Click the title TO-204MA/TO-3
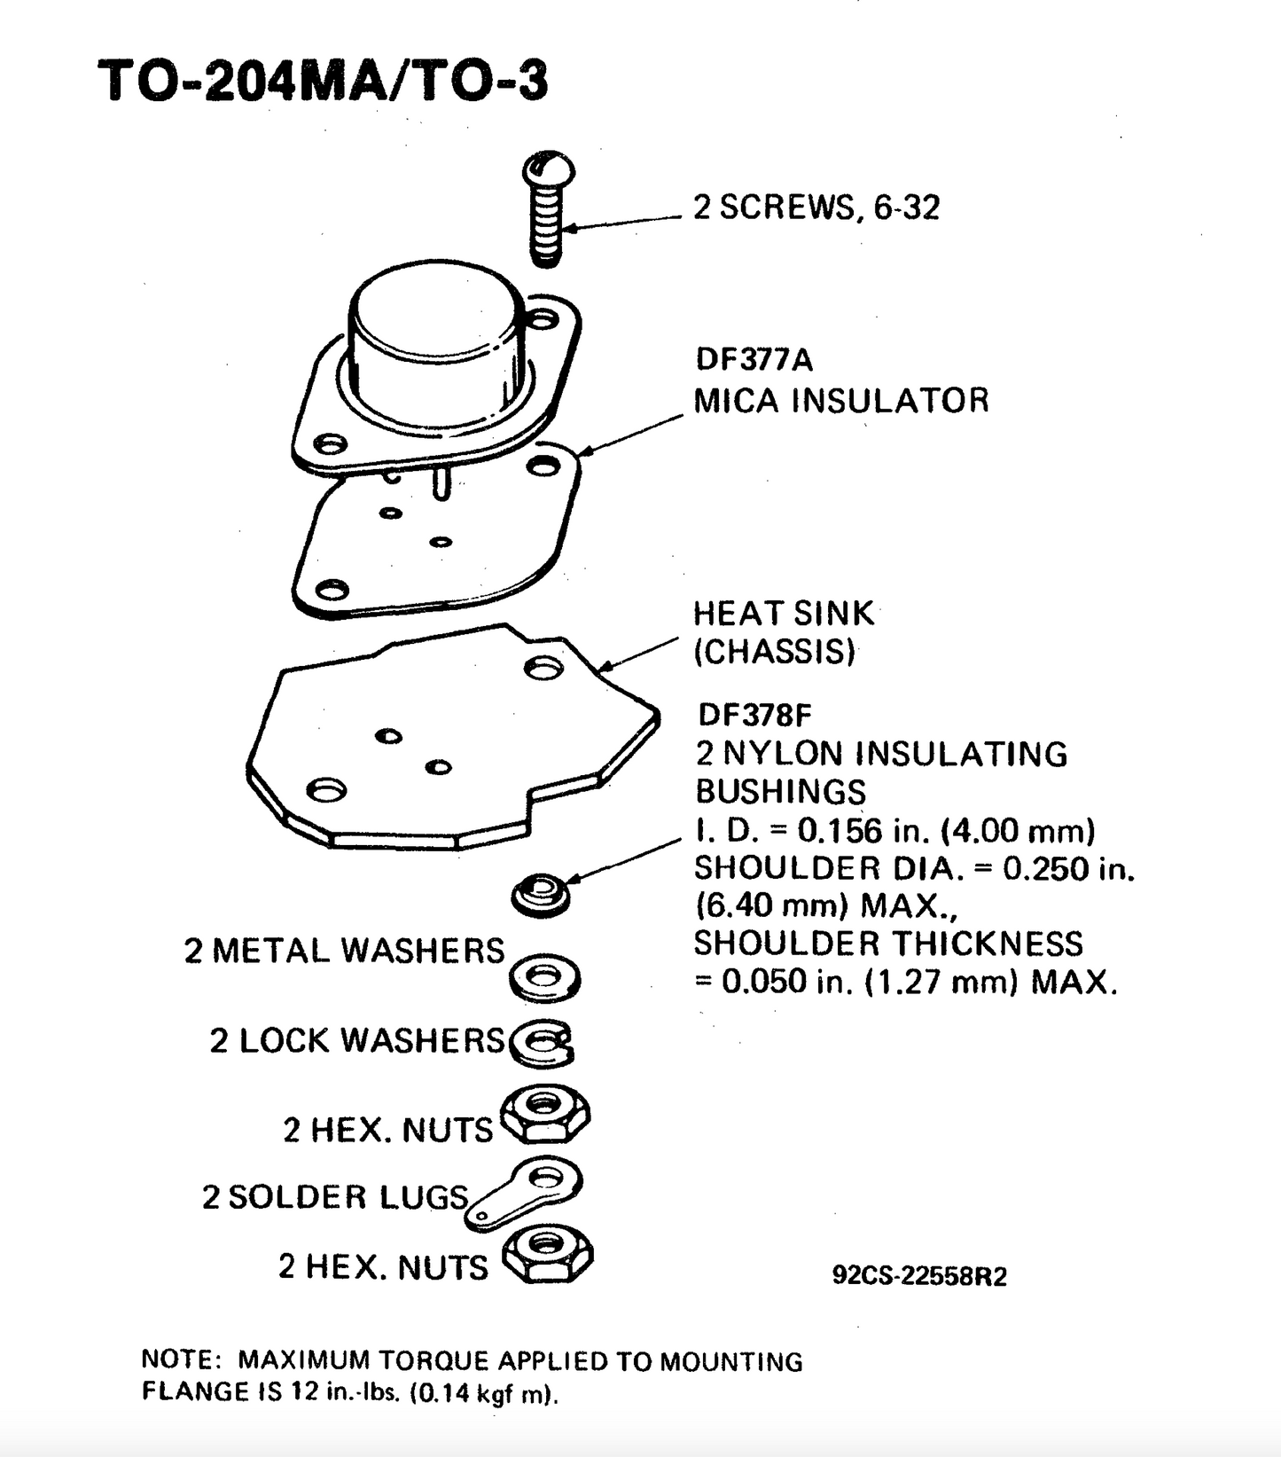[323, 81]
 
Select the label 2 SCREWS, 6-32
[816, 208]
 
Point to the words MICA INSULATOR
[840, 400]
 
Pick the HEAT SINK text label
[783, 614]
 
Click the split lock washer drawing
[543, 1041]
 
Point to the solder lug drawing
[528, 1191]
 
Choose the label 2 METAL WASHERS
[344, 951]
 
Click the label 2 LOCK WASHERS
[356, 1040]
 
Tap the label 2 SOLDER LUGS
[334, 1197]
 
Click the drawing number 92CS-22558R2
[919, 1276]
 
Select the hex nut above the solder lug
[545, 1114]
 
